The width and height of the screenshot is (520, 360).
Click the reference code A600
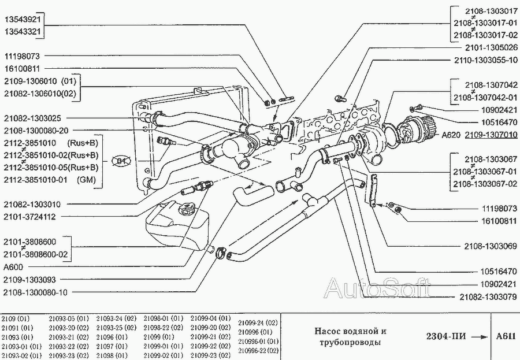(14, 268)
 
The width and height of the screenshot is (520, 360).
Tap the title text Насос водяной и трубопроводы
(350, 337)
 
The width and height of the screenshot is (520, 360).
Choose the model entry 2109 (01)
(16, 318)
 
